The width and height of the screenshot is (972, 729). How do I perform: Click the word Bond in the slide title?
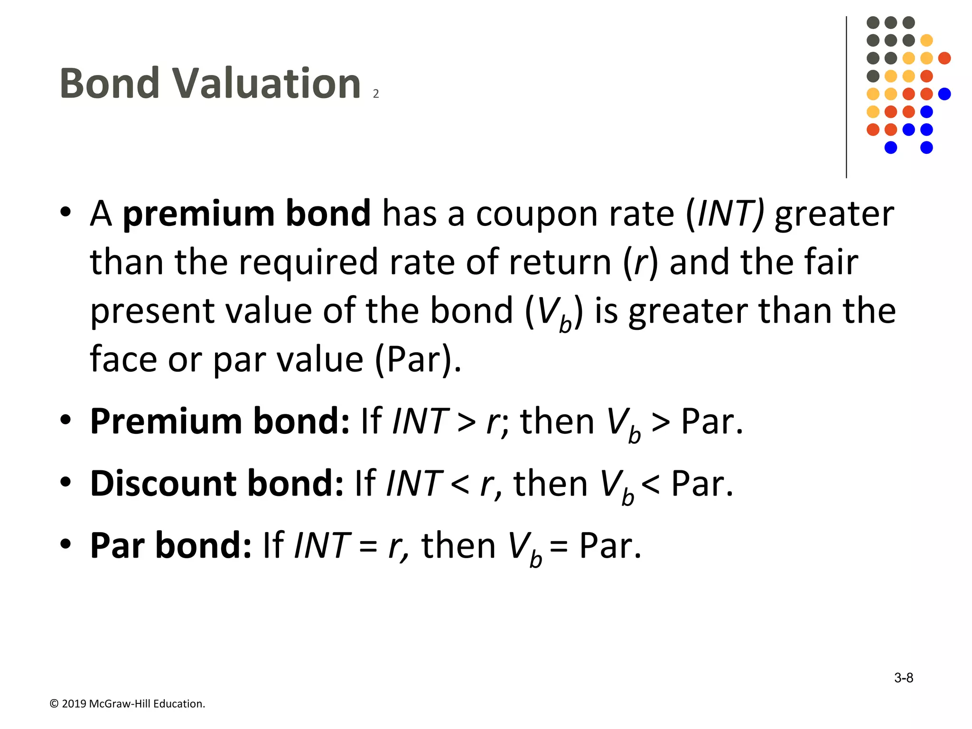[x=110, y=84]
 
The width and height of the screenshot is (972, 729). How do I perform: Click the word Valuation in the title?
[x=266, y=84]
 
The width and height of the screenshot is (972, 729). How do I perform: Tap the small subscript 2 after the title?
[x=376, y=94]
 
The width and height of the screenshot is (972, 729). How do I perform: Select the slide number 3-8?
[x=903, y=678]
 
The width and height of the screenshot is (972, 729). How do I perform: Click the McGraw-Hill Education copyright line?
[x=127, y=703]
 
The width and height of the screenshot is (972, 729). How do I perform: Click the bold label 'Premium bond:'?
[x=220, y=421]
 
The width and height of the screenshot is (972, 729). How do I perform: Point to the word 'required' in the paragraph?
[x=308, y=262]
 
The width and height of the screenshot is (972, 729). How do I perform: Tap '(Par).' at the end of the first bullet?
[x=418, y=359]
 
